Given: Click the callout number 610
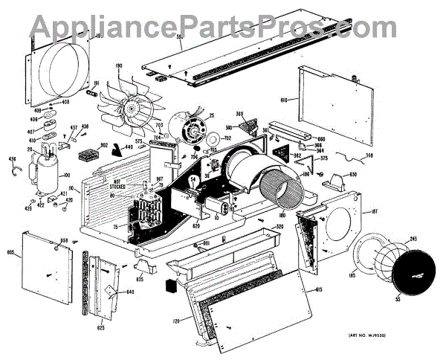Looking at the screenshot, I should (284, 99).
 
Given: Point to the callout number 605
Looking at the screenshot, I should (11, 252).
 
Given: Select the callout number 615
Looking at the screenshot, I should (318, 289).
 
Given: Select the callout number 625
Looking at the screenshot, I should (100, 327).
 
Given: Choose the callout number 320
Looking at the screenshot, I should (279, 226).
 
